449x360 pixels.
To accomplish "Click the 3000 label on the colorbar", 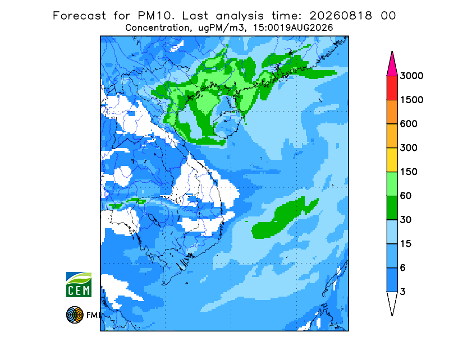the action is [411, 76].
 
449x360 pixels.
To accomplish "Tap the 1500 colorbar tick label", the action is [411, 100].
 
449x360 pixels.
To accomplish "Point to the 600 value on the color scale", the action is [409, 124].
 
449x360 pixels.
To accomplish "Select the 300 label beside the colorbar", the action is [409, 148].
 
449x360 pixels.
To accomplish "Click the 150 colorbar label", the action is [409, 172].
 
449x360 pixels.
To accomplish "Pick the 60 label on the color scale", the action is [406, 196].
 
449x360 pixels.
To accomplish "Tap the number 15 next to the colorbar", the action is [406, 244].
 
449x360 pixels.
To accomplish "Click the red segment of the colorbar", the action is [392, 88].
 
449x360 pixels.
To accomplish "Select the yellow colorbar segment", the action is [392, 160].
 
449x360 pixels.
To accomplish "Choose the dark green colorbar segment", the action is [392, 208].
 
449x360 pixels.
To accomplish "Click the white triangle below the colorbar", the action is [392, 302].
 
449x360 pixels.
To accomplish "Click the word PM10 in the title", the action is [155, 16].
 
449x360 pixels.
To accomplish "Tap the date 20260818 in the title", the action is [341, 16].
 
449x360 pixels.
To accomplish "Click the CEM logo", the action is [79, 284].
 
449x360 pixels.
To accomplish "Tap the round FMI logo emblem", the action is [75, 315].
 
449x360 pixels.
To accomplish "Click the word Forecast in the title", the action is [79, 16].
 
